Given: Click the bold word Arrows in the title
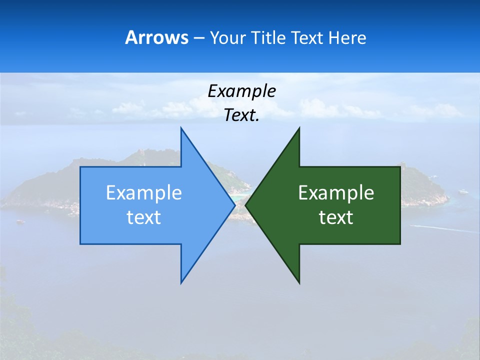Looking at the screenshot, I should click(156, 37).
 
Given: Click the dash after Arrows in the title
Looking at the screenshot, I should click(198, 38).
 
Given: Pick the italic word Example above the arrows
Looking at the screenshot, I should click(242, 91).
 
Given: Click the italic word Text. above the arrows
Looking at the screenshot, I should click(242, 115).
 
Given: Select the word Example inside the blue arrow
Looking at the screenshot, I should click(144, 193).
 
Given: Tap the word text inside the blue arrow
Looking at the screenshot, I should click(144, 217).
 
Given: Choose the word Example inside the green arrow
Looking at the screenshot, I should click(336, 193).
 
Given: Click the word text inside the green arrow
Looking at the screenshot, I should click(336, 217).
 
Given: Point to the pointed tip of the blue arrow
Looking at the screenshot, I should click(234, 205).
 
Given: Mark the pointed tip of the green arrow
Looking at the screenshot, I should click(246, 205).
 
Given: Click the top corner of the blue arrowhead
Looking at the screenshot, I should click(181, 128).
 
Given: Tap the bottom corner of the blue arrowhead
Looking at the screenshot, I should click(181, 282).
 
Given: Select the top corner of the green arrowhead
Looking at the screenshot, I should click(299, 128).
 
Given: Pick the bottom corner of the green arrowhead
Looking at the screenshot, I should click(299, 282).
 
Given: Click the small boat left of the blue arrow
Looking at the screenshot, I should click(20, 221).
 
